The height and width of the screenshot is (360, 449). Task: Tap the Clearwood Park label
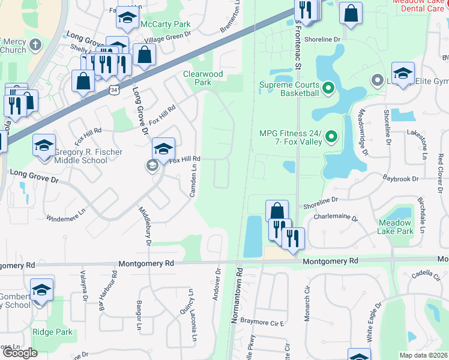203,78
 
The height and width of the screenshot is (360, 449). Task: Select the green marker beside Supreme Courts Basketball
328,89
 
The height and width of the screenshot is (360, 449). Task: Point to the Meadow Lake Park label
396,226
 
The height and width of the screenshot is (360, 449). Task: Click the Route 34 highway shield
114,89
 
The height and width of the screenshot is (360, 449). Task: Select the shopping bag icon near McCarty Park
144,55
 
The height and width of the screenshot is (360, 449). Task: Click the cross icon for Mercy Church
35,44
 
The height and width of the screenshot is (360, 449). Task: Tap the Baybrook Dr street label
403,178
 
